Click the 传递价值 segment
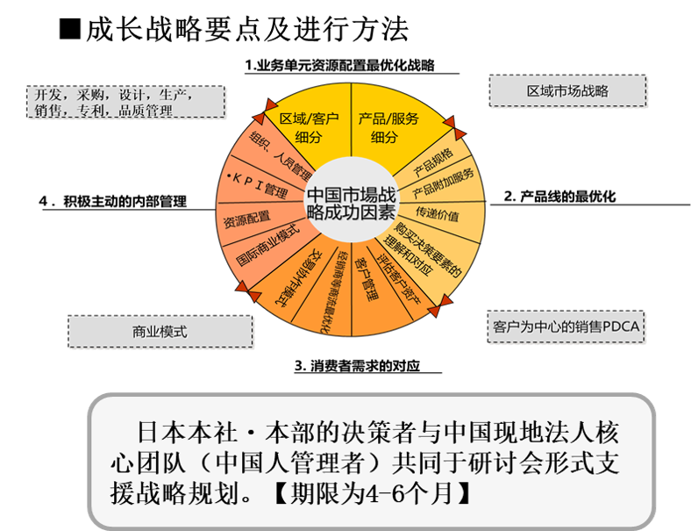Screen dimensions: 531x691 tap(438, 212)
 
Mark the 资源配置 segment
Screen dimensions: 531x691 tap(247, 218)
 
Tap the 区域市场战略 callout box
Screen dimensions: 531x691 tap(568, 91)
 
